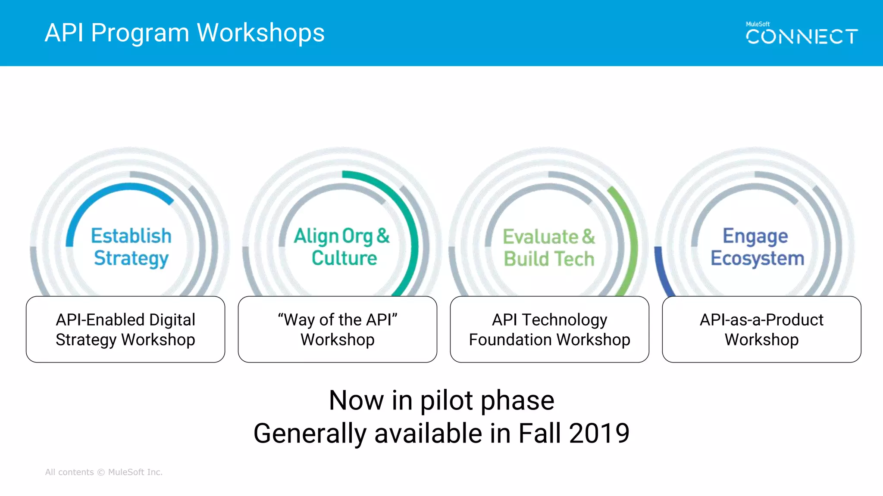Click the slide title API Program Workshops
point(185,33)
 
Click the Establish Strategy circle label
point(131,247)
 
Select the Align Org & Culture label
point(342,247)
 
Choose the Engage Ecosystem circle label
point(757,247)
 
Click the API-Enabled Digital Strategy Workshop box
point(125,329)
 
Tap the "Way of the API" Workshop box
point(338,329)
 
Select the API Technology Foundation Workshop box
point(549,329)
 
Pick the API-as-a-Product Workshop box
point(761,329)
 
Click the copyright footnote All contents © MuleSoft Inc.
point(104,472)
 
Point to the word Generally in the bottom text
point(310,433)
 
